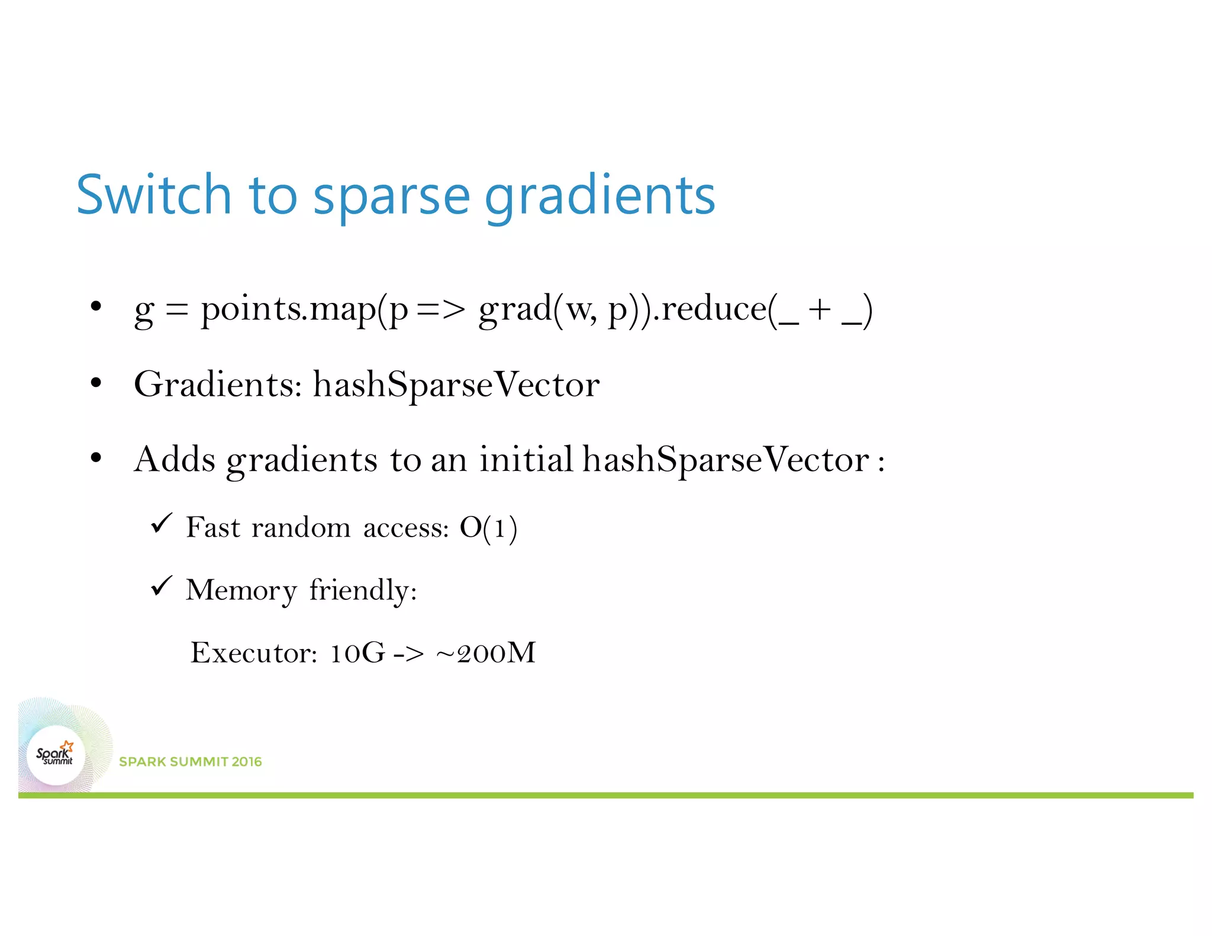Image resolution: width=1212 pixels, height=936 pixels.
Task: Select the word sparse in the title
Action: pos(391,196)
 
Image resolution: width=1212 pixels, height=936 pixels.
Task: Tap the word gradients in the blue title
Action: pos(599,196)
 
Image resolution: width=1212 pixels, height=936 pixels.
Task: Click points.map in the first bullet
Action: pos(288,309)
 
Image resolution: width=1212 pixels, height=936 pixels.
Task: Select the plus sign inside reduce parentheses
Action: pos(820,309)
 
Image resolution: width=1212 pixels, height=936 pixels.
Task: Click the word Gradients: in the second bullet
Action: pos(218,385)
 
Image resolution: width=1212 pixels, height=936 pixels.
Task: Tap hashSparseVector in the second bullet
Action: pos(456,385)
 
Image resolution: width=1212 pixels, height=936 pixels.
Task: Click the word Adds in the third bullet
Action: pos(175,459)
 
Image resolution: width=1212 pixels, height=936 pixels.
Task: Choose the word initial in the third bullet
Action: pos(526,459)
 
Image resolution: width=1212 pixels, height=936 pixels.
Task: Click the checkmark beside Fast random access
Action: pos(161,523)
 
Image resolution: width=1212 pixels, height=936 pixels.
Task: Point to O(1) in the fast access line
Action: pos(488,527)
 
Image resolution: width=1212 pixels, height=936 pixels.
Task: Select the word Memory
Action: pos(241,590)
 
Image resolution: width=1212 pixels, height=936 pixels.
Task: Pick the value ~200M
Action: pos(485,653)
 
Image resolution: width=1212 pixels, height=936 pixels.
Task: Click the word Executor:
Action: pos(254,653)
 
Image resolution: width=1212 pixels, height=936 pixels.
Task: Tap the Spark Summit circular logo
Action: pos(56,755)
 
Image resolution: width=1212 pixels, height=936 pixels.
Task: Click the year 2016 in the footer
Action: pos(247,761)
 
